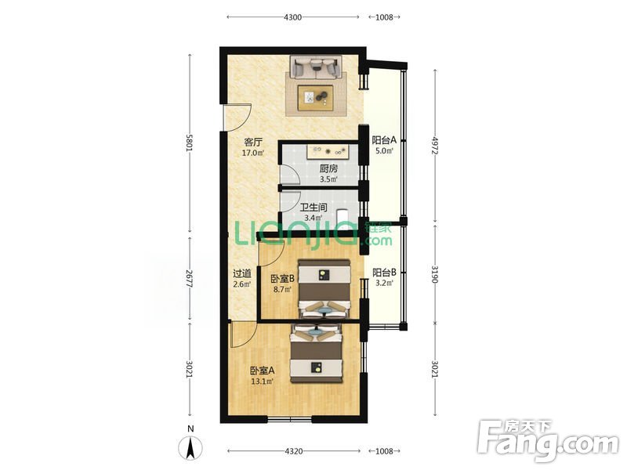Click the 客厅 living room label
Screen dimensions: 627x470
[x=253, y=143]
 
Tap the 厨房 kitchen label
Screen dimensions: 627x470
[x=328, y=169]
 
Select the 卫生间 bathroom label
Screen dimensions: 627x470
[x=313, y=208]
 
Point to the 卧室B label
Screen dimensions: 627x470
[x=282, y=279]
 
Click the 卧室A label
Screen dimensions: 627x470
[x=263, y=371]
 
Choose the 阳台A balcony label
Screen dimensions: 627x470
[x=384, y=140]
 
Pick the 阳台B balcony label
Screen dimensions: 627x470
[x=384, y=273]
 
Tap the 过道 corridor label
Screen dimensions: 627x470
[x=242, y=273]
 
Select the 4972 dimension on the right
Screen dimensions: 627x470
[x=435, y=146]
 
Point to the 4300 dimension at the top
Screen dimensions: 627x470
[x=292, y=17]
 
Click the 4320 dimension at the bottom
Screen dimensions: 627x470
[x=293, y=451]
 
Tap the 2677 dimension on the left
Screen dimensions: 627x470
[x=190, y=278]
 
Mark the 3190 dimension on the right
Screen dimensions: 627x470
[x=435, y=274]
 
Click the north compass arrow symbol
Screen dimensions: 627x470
[x=190, y=447]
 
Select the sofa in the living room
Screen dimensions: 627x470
[x=316, y=67]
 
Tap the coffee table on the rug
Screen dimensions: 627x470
[x=316, y=97]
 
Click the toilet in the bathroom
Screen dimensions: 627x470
[x=343, y=218]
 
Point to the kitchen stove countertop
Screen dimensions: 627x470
[x=327, y=151]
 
